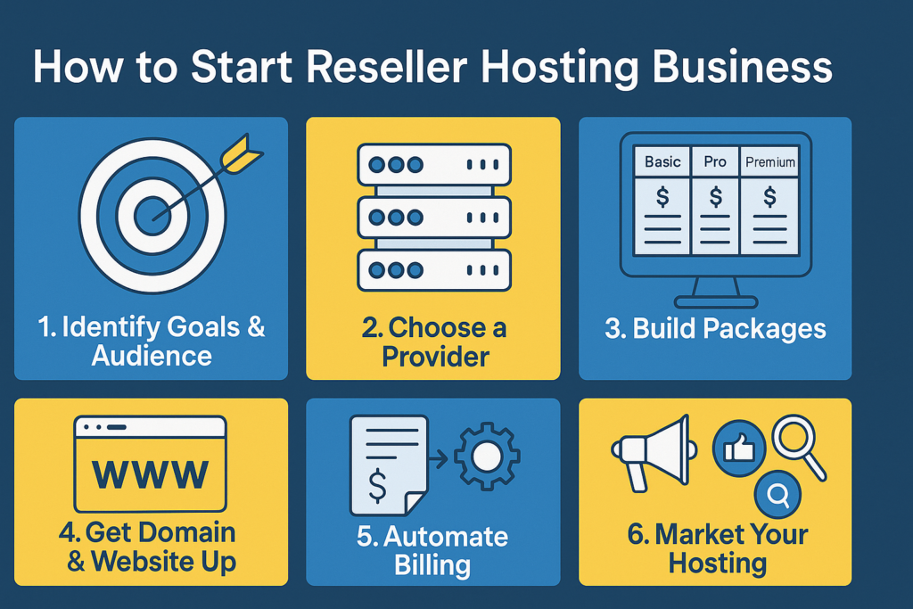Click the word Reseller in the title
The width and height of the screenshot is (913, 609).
(387, 67)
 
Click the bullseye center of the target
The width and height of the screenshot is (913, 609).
(152, 216)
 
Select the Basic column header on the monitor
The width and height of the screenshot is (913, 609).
(662, 162)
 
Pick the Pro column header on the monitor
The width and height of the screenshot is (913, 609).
(715, 162)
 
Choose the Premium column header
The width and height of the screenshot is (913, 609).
(770, 162)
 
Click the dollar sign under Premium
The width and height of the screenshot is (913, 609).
(769, 197)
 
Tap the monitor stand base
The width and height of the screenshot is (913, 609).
(716, 301)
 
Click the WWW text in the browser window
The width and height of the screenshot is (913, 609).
(150, 474)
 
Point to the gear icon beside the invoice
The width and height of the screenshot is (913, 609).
(487, 456)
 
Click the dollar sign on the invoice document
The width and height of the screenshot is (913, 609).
(377, 486)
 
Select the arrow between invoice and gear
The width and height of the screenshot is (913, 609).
(438, 459)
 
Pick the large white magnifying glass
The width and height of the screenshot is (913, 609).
(799, 447)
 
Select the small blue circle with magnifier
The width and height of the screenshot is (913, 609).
(777, 494)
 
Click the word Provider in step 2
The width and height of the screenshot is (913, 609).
(435, 357)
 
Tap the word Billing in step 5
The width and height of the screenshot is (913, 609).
(432, 564)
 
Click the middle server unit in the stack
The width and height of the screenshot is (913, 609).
(434, 218)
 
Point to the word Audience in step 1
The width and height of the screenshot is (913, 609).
(152, 355)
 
